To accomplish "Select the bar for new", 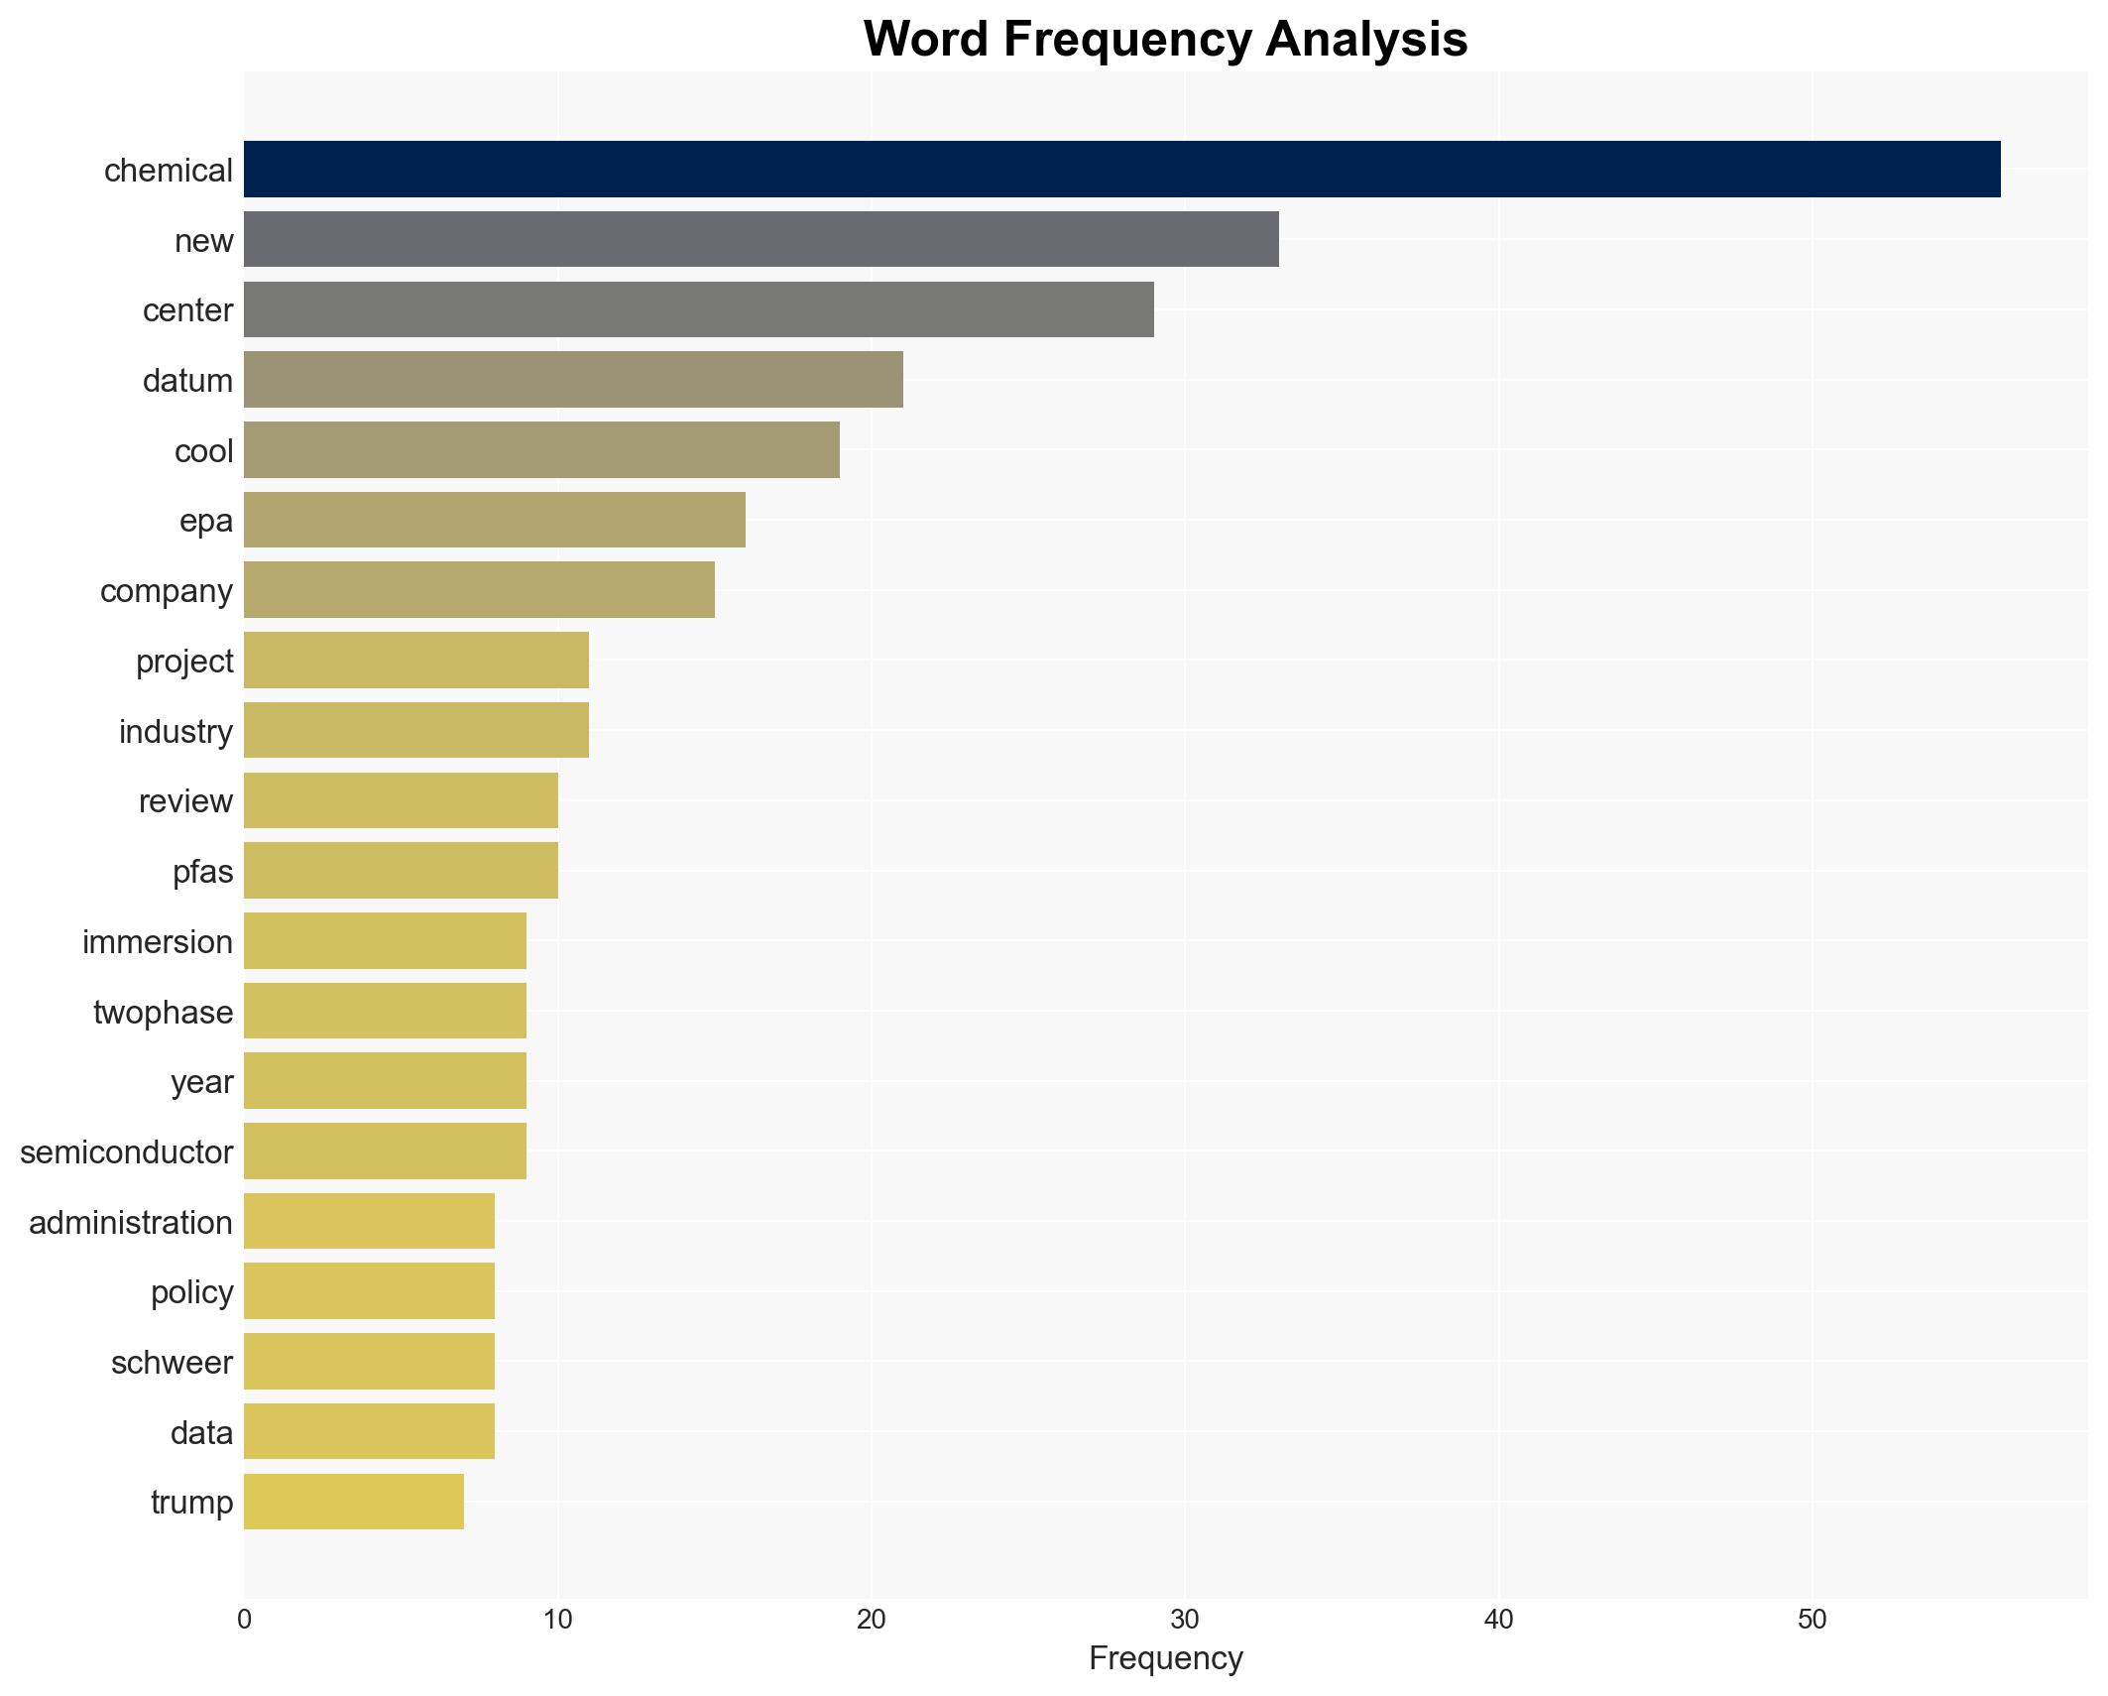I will (x=761, y=239).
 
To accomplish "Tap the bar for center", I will (x=698, y=309).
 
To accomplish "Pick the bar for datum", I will (x=573, y=380).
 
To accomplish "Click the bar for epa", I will (x=494, y=520).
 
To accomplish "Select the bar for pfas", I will (x=401, y=871).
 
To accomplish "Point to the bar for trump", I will (x=353, y=1502).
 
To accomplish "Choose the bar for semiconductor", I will (x=385, y=1151).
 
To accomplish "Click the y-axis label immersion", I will (x=158, y=942).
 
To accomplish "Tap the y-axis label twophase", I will (x=164, y=1013).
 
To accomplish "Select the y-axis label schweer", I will (x=172, y=1363).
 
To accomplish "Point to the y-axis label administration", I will (x=131, y=1223).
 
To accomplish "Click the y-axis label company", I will (x=167, y=591).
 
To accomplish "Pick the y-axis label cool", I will (x=203, y=451).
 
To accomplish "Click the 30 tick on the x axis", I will (x=1184, y=1620).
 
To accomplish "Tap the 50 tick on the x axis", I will (x=1812, y=1620).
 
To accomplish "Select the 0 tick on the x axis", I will (x=244, y=1620).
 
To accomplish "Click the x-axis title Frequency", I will (x=1165, y=1658).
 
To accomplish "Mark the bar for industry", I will (x=416, y=730).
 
